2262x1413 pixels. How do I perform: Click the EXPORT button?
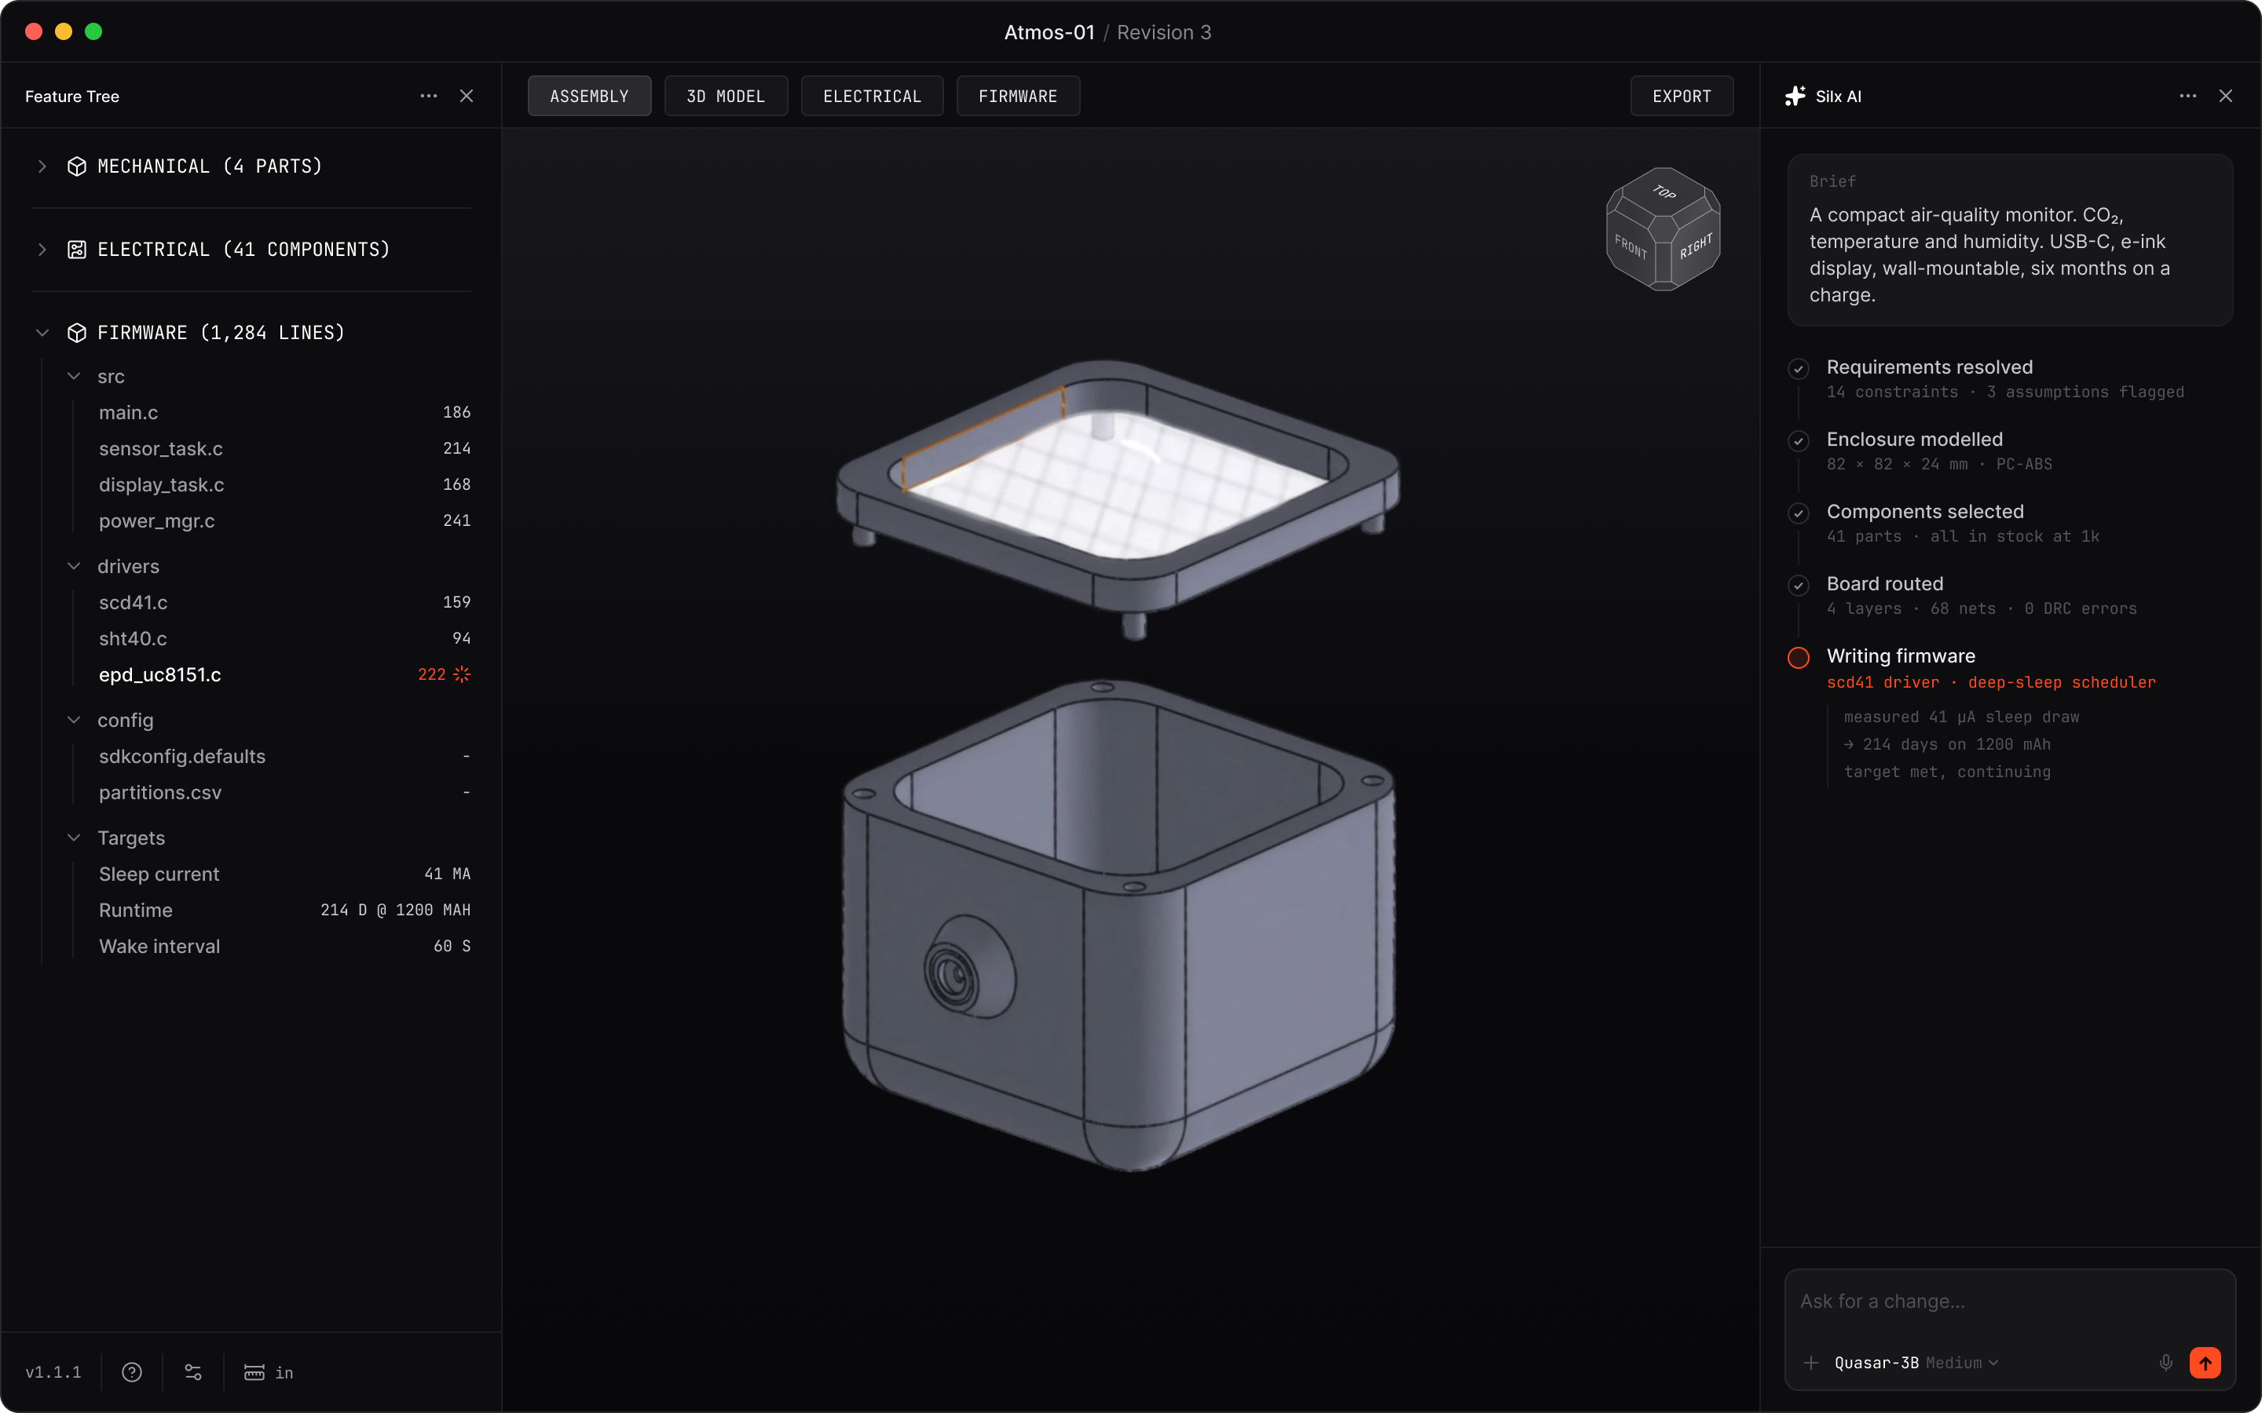pos(1681,97)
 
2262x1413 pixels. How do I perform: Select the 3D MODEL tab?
pos(726,97)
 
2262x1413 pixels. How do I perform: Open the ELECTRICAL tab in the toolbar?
pos(871,97)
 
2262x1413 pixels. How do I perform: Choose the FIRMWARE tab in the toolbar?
pos(1017,97)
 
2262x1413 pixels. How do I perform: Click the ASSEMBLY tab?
pos(589,97)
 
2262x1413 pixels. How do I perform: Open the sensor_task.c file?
pos(161,448)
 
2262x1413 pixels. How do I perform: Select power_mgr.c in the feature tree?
pos(157,520)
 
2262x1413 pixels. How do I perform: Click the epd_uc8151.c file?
pos(160,675)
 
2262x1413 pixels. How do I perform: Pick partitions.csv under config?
pos(160,793)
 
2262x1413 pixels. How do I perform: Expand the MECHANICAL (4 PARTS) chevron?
pos(42,166)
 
